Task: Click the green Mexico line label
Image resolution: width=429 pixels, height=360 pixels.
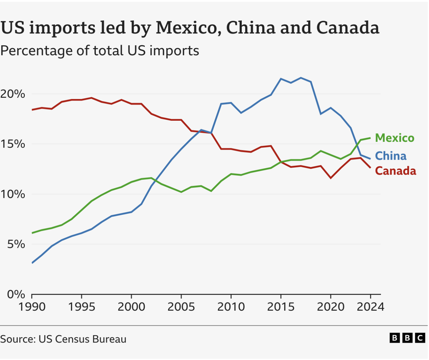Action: pyautogui.click(x=394, y=138)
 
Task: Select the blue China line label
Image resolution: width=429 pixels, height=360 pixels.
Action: pyautogui.click(x=391, y=156)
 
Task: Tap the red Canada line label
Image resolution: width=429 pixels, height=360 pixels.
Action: pyautogui.click(x=395, y=171)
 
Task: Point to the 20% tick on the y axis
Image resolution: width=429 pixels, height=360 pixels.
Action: pyautogui.click(x=13, y=94)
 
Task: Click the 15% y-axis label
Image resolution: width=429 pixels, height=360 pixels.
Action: pyautogui.click(x=13, y=144)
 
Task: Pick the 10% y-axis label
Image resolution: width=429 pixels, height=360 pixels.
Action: pyautogui.click(x=13, y=194)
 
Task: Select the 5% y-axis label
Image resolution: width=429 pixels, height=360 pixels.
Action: pyautogui.click(x=15, y=244)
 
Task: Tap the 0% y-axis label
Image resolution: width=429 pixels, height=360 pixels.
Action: pyautogui.click(x=16, y=294)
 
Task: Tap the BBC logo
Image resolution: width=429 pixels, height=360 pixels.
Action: pyautogui.click(x=407, y=338)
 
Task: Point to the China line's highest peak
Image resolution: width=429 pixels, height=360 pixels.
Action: pyautogui.click(x=301, y=78)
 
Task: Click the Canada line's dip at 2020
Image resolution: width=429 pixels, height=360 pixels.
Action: pyautogui.click(x=331, y=178)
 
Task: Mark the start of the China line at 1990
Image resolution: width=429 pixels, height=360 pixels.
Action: pyautogui.click(x=32, y=263)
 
